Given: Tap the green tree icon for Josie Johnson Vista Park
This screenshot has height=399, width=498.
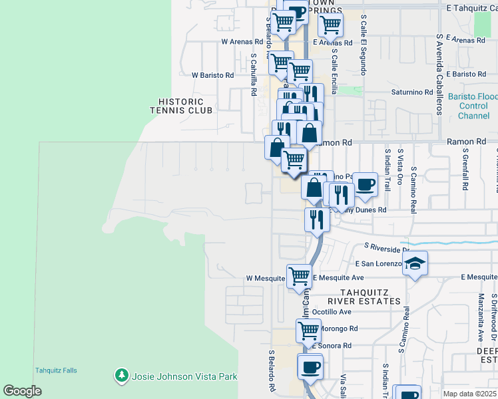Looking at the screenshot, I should (121, 376).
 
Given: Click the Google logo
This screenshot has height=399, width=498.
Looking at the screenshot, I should (22, 391).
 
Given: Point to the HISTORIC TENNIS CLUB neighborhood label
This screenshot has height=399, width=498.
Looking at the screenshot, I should (186, 106).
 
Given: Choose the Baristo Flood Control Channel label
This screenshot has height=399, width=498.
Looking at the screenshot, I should (473, 106).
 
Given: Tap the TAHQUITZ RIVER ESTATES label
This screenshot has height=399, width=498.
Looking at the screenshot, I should (370, 297).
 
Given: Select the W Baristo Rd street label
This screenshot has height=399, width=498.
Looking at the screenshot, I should (212, 76).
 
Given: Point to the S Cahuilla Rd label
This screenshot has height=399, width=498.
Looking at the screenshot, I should (254, 75).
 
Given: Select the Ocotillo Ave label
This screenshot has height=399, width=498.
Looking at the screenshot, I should (332, 311).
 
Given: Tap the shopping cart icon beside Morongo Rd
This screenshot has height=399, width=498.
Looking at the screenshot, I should (308, 330).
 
